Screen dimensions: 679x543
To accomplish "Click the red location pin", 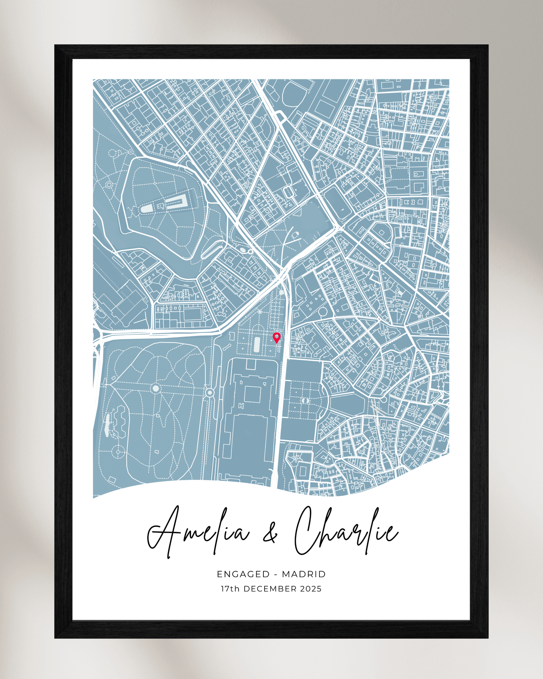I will point(277,337).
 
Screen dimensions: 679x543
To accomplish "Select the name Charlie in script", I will point(346,530).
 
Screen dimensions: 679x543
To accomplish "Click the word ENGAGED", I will point(243,574).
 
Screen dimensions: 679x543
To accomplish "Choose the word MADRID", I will point(304,574).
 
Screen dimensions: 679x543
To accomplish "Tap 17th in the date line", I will point(230,589).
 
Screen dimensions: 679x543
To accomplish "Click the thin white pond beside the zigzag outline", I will point(107,425).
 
